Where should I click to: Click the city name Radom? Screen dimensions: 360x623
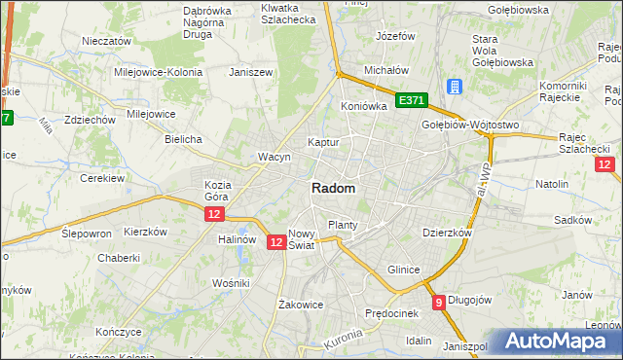point(333,189)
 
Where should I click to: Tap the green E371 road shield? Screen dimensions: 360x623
point(412,100)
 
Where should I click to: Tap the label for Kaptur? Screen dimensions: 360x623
point(323,142)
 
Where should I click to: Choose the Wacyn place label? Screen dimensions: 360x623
point(275,157)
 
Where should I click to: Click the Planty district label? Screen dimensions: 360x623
point(343,225)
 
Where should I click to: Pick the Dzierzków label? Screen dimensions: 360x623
point(447,234)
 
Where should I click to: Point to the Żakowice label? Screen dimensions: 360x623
point(300,304)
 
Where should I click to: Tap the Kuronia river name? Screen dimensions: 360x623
point(342,342)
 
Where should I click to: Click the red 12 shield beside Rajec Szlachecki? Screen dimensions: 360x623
point(605,164)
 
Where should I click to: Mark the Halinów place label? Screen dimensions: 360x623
point(238,239)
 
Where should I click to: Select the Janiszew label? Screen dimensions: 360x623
point(247,72)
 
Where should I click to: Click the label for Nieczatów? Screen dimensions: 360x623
point(107,42)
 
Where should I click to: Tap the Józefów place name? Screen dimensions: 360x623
point(395,36)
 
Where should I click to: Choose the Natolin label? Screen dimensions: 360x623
point(552,183)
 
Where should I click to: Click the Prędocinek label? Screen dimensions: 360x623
point(391,313)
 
